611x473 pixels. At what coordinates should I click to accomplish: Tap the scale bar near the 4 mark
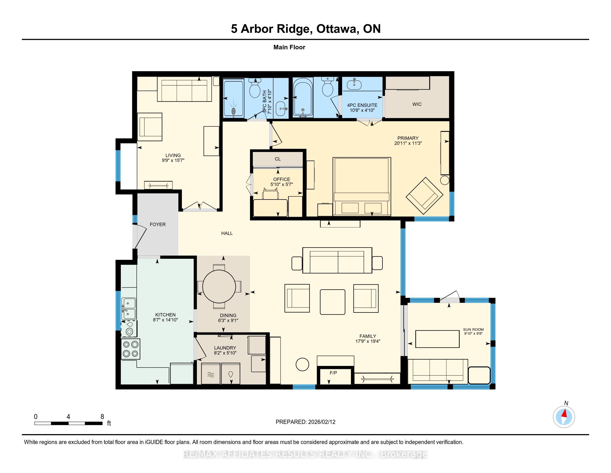(68, 423)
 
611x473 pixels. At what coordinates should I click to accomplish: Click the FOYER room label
(157, 224)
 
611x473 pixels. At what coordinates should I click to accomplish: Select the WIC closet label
(417, 104)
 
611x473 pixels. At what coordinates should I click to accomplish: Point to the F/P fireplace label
(333, 373)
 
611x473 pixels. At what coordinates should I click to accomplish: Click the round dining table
(219, 286)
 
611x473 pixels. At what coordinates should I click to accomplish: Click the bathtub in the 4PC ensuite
(303, 97)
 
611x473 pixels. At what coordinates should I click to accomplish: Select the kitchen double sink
(129, 309)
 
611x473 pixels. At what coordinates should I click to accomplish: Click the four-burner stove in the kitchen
(130, 349)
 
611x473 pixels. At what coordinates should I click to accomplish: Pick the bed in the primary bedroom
(361, 186)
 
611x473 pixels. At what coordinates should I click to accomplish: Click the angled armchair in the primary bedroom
(424, 196)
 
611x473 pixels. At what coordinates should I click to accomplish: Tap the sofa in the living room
(184, 89)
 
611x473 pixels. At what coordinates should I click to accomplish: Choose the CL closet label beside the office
(277, 159)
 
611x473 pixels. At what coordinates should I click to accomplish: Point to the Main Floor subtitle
(289, 47)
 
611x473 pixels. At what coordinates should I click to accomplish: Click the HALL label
(227, 233)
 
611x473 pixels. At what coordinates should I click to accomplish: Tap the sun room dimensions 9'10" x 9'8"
(473, 333)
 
